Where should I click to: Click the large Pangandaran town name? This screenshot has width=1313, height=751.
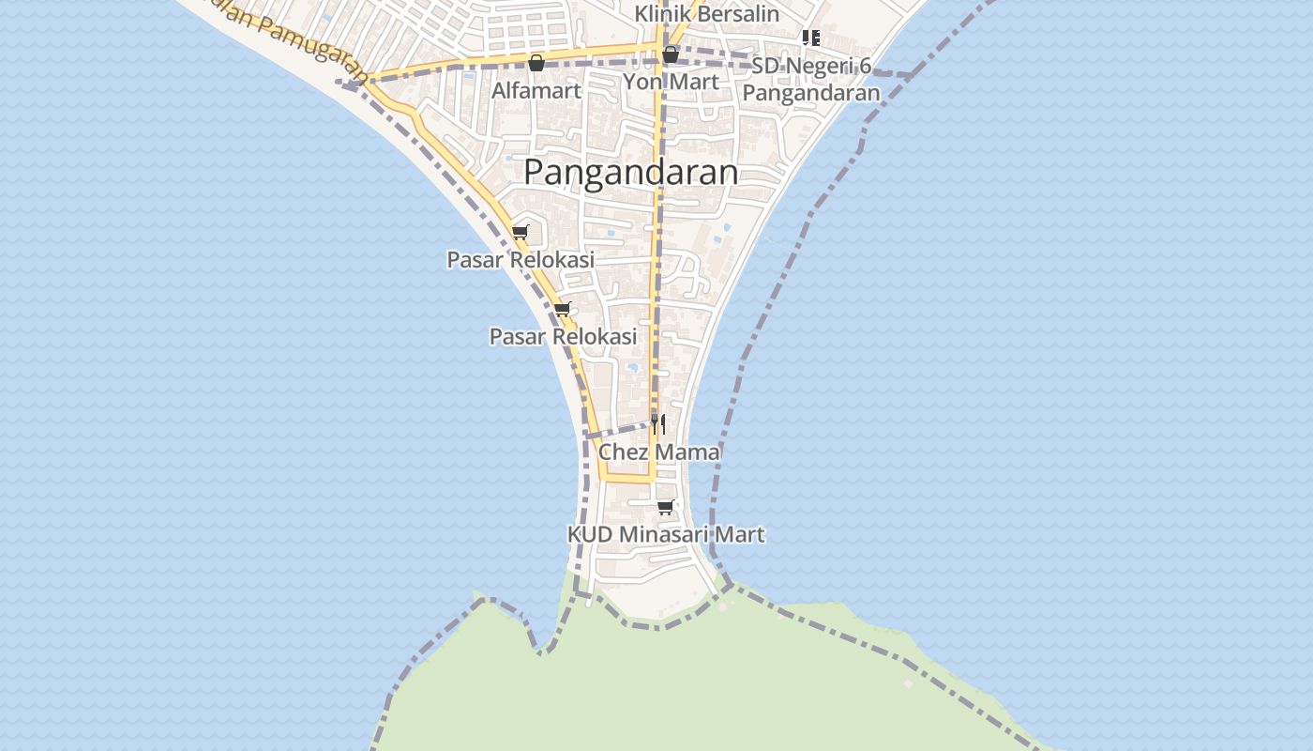pyautogui.click(x=630, y=172)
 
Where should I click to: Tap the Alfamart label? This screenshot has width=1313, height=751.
pyautogui.click(x=536, y=91)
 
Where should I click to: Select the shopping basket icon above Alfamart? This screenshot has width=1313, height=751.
pyautogui.click(x=536, y=63)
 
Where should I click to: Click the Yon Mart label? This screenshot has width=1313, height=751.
pyautogui.click(x=671, y=82)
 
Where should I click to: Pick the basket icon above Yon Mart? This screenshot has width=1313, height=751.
pyautogui.click(x=670, y=54)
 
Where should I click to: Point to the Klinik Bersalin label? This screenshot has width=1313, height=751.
pyautogui.click(x=706, y=13)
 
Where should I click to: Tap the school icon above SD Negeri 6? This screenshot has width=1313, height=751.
pyautogui.click(x=811, y=38)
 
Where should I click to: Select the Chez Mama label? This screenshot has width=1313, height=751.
pyautogui.click(x=659, y=452)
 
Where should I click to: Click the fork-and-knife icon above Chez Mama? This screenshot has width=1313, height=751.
pyautogui.click(x=658, y=424)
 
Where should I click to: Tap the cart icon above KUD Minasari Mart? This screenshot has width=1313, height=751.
pyautogui.click(x=666, y=507)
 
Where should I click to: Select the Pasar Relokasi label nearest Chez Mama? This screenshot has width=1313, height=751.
pyautogui.click(x=563, y=336)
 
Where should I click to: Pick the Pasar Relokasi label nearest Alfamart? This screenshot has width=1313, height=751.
pyautogui.click(x=521, y=259)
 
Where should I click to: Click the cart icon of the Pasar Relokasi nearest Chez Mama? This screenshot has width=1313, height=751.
pyautogui.click(x=563, y=309)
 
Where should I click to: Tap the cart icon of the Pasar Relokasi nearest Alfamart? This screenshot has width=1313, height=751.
pyautogui.click(x=521, y=232)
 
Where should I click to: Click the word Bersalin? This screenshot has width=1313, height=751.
pyautogui.click(x=736, y=13)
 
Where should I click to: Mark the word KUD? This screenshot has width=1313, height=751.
pyautogui.click(x=590, y=534)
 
